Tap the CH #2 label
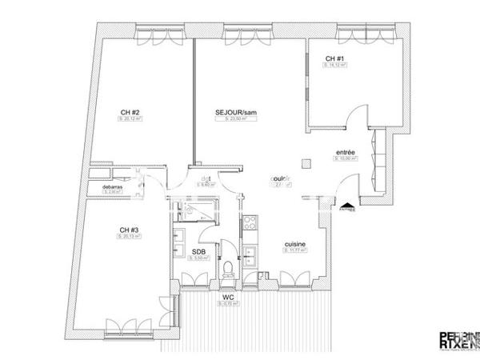click(130, 111)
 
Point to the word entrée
click(346, 151)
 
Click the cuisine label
click(295, 244)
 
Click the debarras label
click(113, 186)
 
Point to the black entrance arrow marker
click(347, 206)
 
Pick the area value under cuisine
click(295, 251)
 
